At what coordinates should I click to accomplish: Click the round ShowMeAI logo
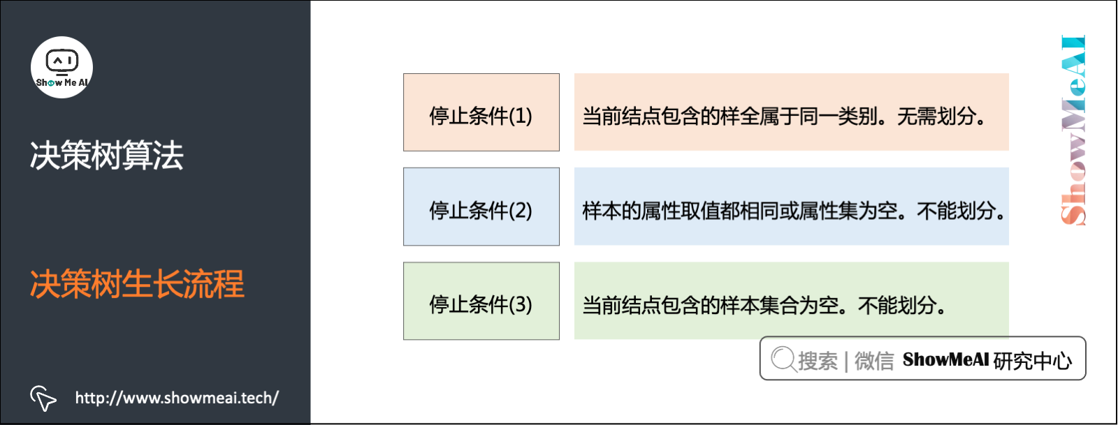point(61,67)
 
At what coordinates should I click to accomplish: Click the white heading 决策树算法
point(106,155)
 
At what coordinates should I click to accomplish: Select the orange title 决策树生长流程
point(137,284)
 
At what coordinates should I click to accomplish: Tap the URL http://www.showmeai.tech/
point(177,398)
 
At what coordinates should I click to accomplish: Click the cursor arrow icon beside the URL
point(43,398)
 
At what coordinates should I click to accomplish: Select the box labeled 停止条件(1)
point(481,113)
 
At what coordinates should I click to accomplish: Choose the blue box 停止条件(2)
point(481,207)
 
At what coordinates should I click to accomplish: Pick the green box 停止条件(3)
point(481,301)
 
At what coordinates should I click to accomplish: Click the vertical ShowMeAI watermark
point(1073,130)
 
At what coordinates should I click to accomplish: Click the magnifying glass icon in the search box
point(783,359)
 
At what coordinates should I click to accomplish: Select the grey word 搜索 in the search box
point(818,360)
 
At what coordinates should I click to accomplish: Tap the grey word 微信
point(874,360)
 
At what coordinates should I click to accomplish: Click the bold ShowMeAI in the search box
point(945,359)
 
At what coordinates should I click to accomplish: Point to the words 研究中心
point(1032,360)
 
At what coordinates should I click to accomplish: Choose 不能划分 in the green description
point(897,305)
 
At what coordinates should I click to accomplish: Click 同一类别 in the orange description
point(838,116)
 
